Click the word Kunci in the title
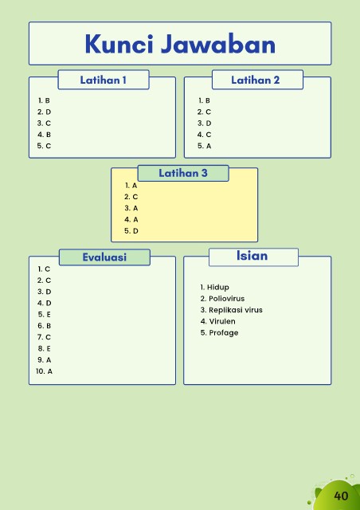[119, 44]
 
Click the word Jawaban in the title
[218, 44]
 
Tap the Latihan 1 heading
[103, 80]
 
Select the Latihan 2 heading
[256, 80]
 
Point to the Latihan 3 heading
[182, 173]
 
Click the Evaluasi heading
[104, 257]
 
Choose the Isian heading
[252, 256]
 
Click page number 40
[341, 496]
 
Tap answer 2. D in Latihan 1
[45, 112]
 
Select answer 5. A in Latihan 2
[204, 146]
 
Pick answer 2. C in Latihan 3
[131, 197]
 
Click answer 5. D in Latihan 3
[131, 231]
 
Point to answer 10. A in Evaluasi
[44, 371]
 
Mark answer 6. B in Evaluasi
[45, 326]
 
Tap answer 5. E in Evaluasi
[45, 314]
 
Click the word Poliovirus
[227, 299]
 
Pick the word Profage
[224, 333]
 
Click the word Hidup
[218, 287]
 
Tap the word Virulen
[222, 321]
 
